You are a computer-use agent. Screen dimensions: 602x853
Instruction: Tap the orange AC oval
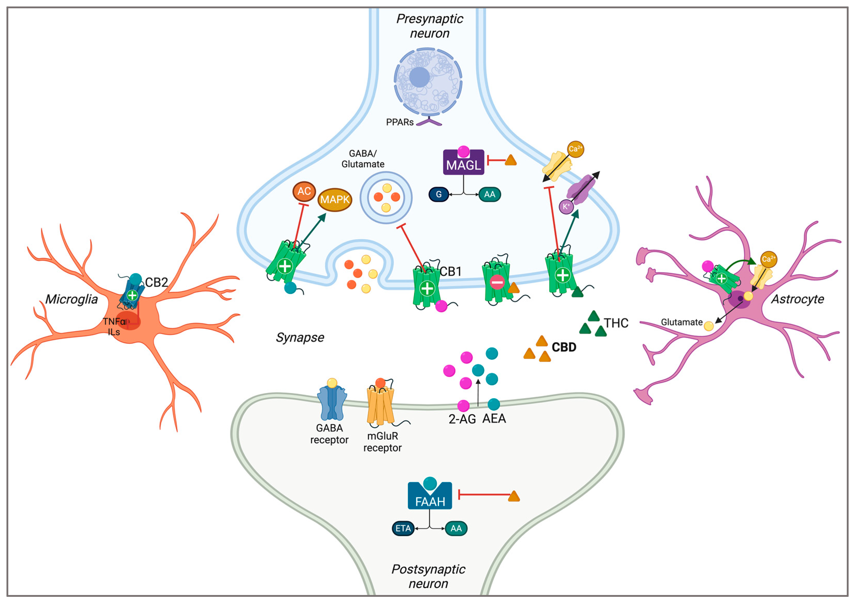click(304, 191)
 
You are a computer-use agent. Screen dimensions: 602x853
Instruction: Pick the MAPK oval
click(335, 200)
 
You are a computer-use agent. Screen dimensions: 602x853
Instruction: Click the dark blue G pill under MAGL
click(438, 194)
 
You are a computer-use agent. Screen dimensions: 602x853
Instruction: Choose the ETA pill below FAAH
click(403, 528)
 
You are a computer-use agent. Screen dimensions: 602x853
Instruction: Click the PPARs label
click(399, 122)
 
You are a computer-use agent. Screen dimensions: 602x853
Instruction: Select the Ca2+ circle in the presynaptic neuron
click(575, 149)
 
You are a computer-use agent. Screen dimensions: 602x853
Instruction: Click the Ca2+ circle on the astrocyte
click(768, 259)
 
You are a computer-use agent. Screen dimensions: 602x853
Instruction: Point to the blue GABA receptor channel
click(332, 403)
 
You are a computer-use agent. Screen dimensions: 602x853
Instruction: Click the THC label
click(616, 323)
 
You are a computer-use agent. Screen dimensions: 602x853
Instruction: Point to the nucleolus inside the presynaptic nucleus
click(420, 77)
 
